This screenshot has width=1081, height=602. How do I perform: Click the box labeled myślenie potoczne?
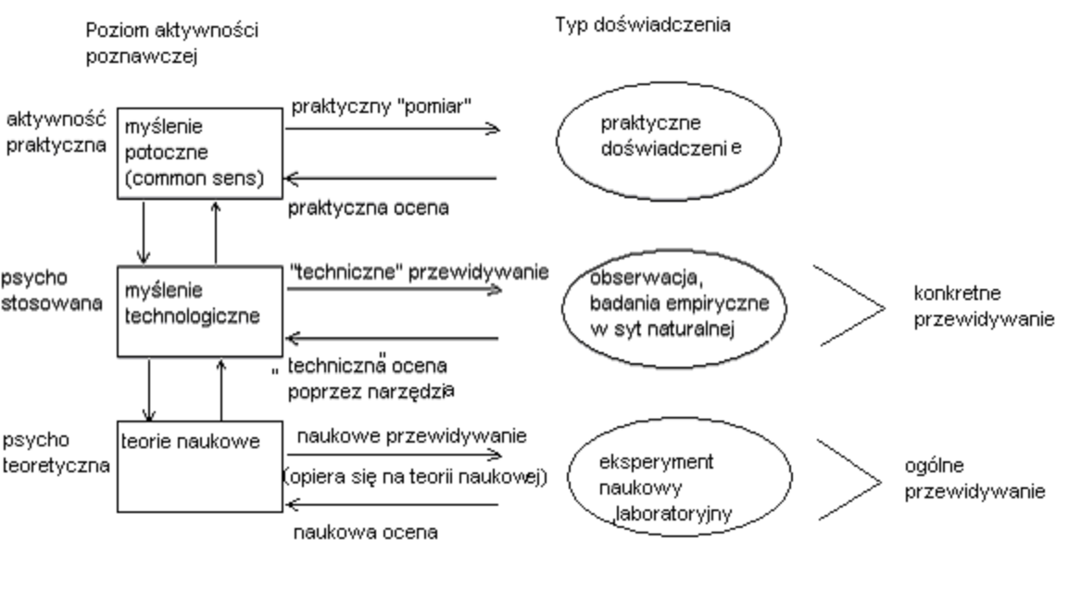point(199,153)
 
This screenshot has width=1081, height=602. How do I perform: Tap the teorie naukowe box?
point(199,467)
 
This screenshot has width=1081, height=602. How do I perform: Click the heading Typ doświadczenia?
point(642,25)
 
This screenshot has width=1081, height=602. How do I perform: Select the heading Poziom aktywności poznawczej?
point(171,43)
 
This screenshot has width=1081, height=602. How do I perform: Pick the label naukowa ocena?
point(365,533)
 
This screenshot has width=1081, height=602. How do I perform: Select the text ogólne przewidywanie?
point(974,481)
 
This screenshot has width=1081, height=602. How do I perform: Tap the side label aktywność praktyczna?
point(53,133)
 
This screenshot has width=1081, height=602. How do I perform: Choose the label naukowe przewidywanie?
point(410,435)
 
